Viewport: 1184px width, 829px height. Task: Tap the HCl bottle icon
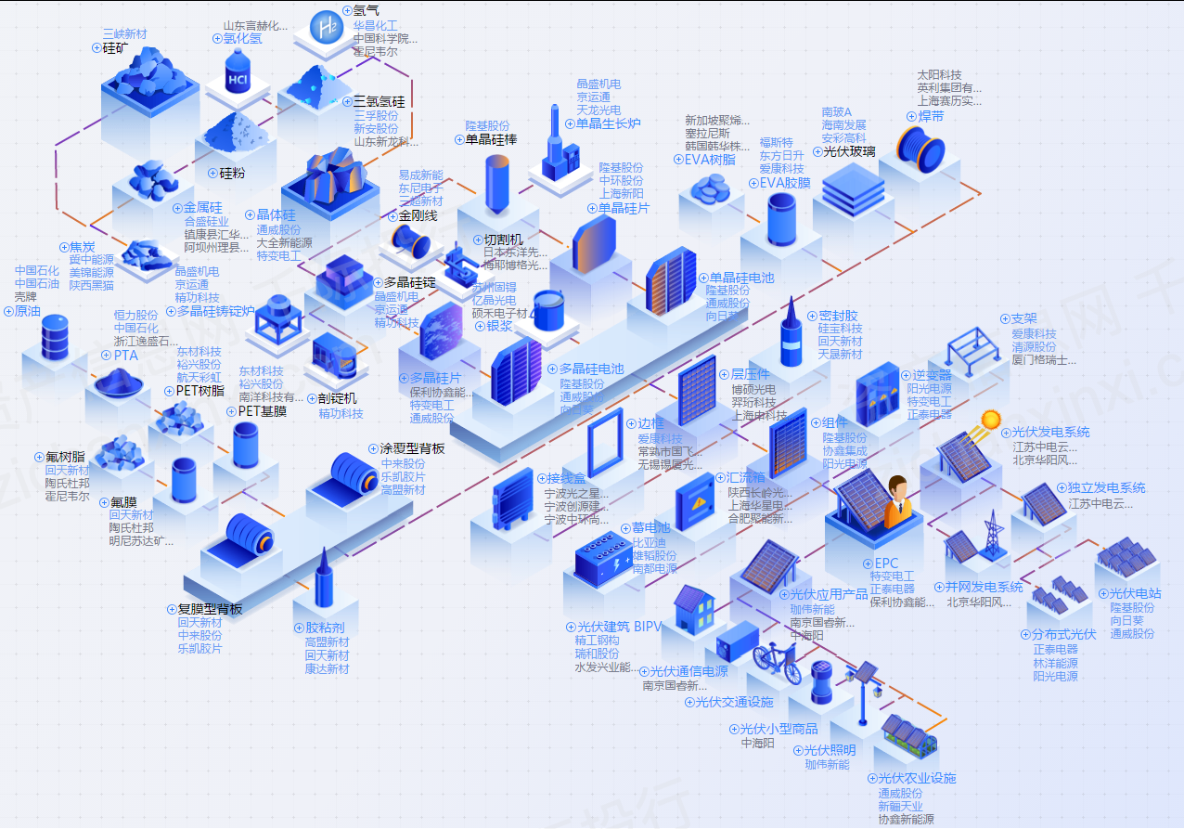point(239,74)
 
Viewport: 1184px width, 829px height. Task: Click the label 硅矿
point(115,47)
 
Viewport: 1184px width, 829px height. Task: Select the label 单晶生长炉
point(608,123)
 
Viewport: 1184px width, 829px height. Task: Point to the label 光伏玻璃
point(849,151)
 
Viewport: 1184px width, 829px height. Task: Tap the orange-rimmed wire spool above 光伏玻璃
point(920,146)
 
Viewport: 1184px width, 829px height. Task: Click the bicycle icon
point(775,655)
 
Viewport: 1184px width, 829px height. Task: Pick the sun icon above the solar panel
point(990,420)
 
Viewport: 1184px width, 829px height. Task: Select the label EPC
point(886,563)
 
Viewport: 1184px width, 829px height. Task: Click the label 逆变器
point(932,375)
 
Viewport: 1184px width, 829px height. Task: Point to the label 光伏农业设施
point(917,778)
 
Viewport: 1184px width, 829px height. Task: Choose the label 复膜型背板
point(210,609)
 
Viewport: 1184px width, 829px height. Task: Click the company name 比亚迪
point(650,542)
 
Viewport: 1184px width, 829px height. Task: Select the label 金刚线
point(418,215)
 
